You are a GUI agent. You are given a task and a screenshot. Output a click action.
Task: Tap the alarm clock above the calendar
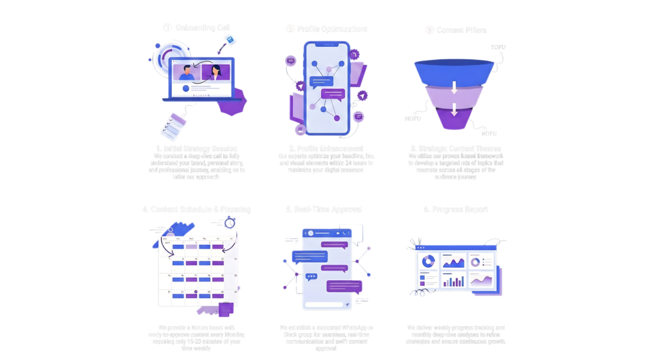230,222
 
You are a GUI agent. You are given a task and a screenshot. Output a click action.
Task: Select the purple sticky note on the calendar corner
226,309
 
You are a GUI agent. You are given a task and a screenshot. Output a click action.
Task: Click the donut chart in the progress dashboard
427,261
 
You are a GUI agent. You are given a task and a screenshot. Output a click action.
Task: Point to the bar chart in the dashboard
454,281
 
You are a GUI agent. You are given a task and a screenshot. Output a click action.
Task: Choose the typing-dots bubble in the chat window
312,277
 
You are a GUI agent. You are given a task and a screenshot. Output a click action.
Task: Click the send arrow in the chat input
347,304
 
